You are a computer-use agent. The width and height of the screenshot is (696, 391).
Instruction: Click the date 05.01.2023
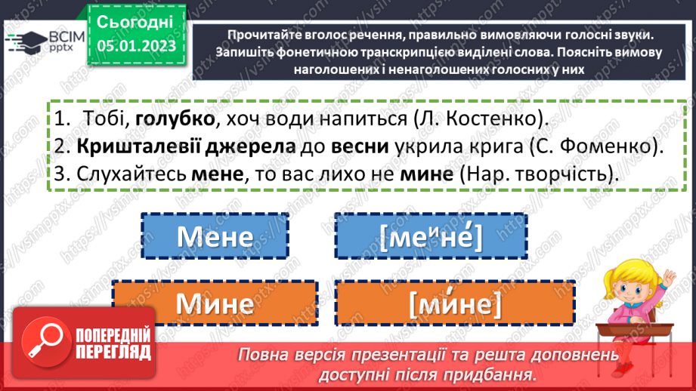[135, 47]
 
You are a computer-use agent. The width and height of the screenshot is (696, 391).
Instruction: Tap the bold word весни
[358, 146]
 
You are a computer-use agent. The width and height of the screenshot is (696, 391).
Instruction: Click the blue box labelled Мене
[215, 237]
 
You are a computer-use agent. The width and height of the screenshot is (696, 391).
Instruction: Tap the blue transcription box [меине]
[432, 237]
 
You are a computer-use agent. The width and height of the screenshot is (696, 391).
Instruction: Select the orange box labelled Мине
[215, 303]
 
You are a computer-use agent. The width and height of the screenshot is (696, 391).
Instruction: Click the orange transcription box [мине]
[455, 303]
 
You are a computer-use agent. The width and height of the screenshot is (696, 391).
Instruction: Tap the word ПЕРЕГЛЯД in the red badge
[113, 353]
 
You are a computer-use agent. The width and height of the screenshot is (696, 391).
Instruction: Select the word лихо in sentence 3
[354, 172]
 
